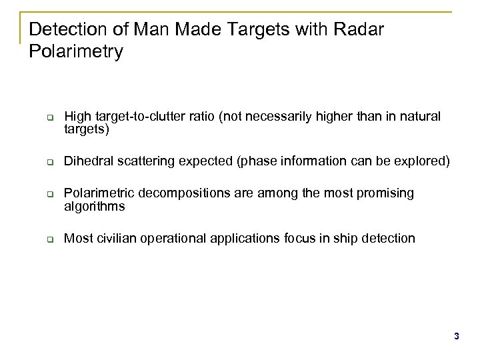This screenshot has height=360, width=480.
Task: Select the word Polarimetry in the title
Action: [77, 52]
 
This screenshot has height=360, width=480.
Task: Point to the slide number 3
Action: [457, 337]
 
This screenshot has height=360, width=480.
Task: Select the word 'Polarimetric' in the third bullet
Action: [96, 193]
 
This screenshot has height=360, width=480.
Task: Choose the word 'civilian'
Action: [113, 238]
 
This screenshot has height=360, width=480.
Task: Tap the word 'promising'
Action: [383, 193]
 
